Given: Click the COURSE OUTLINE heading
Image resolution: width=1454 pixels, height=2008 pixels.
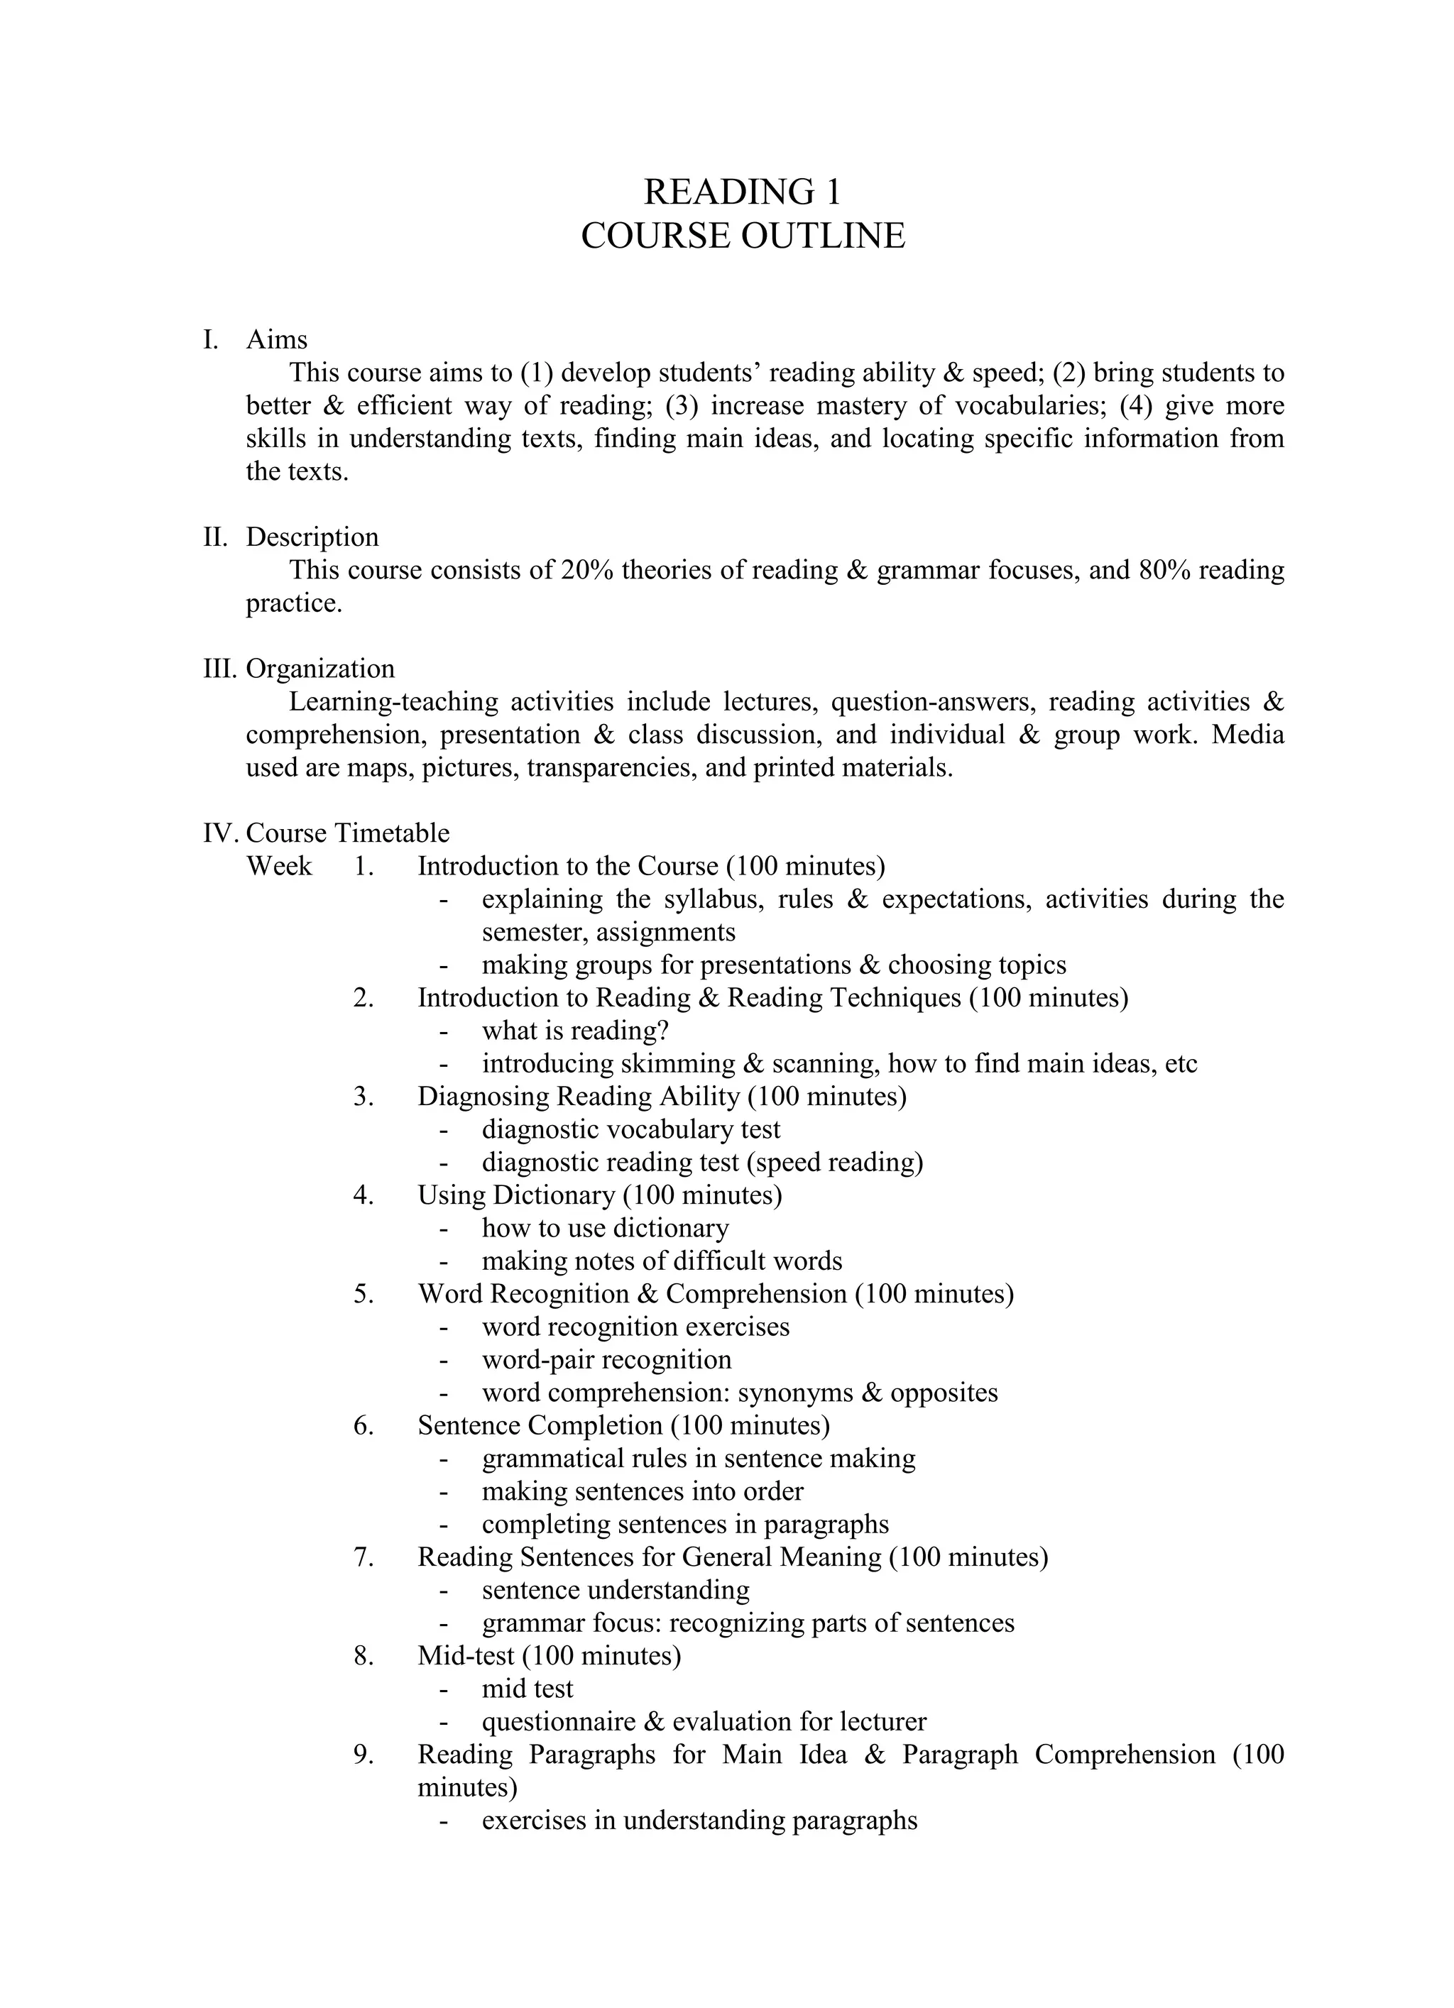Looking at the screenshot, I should click(742, 236).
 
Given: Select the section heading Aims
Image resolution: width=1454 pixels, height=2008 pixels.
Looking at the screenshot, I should click(276, 339).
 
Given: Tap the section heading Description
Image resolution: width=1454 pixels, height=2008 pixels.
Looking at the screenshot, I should click(312, 537).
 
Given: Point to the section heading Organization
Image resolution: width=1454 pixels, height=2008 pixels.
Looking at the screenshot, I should click(319, 669).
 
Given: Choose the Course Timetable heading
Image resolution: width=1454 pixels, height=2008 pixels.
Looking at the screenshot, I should click(347, 833).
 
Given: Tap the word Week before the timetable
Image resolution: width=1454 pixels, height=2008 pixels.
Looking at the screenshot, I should click(279, 866).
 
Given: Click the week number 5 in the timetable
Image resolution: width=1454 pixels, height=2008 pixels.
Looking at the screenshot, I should click(363, 1293).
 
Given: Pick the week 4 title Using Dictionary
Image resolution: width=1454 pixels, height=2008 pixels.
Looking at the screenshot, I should click(516, 1195).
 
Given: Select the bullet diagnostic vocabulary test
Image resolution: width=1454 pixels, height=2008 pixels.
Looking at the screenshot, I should click(630, 1130).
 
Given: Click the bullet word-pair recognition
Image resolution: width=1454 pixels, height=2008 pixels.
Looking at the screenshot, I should click(606, 1360).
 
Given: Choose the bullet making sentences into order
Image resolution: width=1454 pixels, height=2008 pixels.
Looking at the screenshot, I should click(642, 1491).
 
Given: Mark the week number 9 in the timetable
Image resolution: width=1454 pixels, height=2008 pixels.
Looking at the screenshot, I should click(363, 1755).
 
